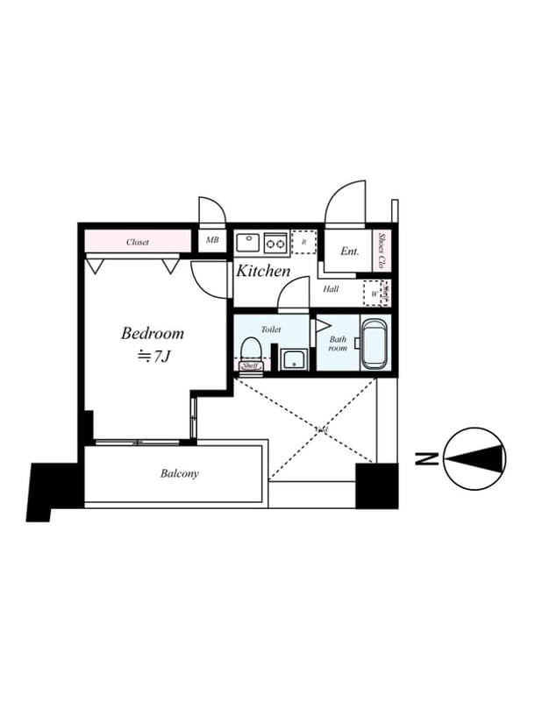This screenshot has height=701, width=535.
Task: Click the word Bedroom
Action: click(x=153, y=333)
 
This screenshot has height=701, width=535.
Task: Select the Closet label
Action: click(x=138, y=242)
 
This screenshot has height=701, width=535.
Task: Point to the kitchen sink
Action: click(x=246, y=240)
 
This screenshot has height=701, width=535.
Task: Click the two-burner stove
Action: click(x=275, y=241)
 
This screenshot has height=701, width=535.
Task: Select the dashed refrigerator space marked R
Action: click(x=303, y=241)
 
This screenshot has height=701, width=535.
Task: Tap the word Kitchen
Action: click(x=263, y=271)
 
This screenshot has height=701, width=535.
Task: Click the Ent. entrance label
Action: click(x=350, y=251)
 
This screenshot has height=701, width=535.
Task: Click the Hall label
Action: click(x=331, y=288)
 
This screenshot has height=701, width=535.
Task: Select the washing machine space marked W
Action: click(x=374, y=294)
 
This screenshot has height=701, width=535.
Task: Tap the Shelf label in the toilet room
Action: click(x=250, y=366)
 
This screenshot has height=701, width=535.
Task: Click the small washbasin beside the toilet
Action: click(x=292, y=359)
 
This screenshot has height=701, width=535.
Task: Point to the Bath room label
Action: click(x=338, y=343)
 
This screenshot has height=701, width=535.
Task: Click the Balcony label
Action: click(x=179, y=474)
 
